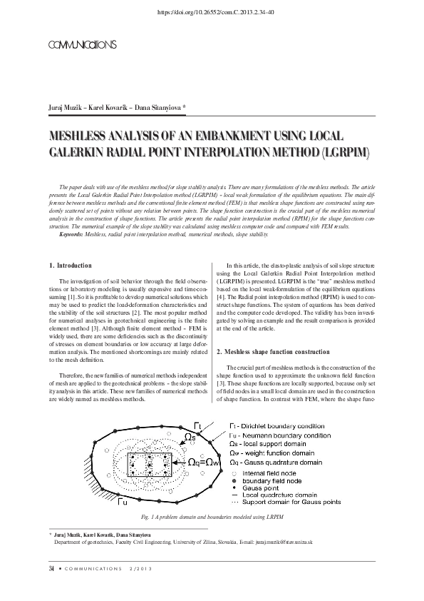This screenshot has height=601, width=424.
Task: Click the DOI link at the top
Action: click(x=212, y=11)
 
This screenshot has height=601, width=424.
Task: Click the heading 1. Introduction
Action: click(x=71, y=266)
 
